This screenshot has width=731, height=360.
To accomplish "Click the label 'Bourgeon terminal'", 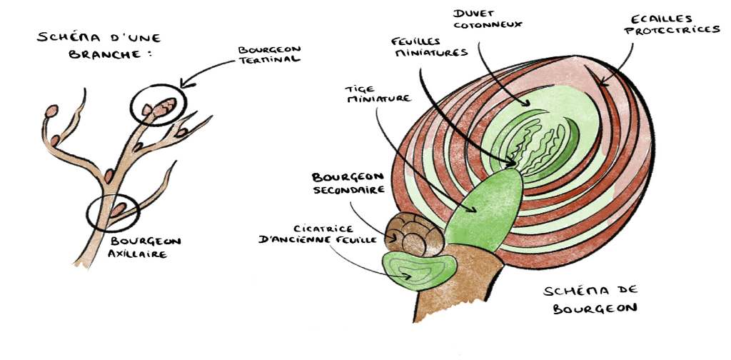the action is tap(271, 54).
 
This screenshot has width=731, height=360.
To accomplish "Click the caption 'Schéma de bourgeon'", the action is tap(590, 300).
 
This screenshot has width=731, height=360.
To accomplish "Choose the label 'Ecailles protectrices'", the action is tap(674, 24).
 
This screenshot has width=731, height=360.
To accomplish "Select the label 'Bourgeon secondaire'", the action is tap(350, 183).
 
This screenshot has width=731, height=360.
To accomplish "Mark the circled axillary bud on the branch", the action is tap(116, 210).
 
